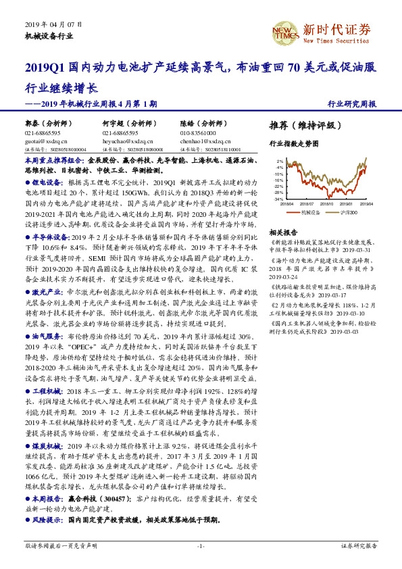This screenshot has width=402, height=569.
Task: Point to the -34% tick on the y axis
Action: point(278,200)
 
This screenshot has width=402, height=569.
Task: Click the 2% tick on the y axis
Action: point(280,161)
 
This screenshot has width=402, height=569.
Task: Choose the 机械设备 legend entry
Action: point(309,213)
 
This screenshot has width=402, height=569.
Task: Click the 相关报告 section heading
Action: point(282,231)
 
